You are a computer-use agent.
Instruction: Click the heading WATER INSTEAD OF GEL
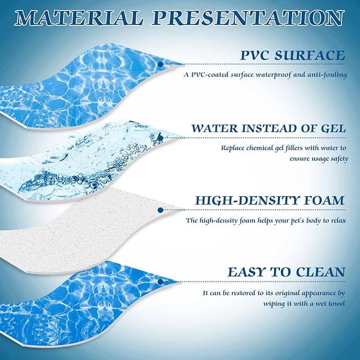click(x=269, y=128)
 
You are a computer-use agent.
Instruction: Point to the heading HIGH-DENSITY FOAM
click(x=270, y=201)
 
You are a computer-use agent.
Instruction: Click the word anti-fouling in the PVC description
click(x=327, y=75)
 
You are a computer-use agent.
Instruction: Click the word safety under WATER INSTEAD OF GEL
click(x=336, y=158)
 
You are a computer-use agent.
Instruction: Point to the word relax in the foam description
click(x=337, y=220)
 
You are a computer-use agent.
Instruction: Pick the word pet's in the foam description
click(x=287, y=220)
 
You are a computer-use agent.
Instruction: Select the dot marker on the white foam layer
click(x=159, y=210)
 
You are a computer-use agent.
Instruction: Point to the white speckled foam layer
click(x=80, y=223)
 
